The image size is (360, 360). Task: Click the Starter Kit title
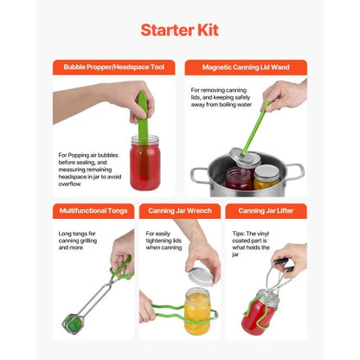tap(179, 29)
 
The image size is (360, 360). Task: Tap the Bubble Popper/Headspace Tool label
tap(114, 67)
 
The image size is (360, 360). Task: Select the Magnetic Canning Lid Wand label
tap(245, 67)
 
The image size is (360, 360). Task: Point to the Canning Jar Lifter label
tap(266, 210)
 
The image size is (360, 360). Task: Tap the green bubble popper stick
tap(142, 112)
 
